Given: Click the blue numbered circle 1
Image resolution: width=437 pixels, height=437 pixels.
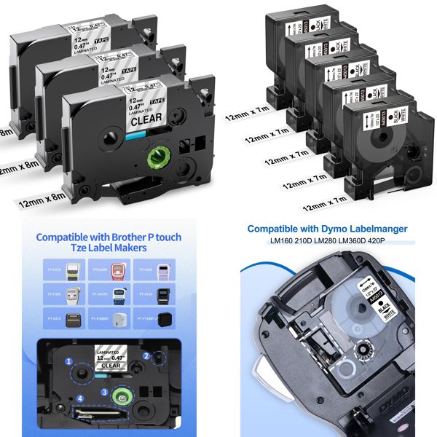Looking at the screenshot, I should (x=68, y=361).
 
